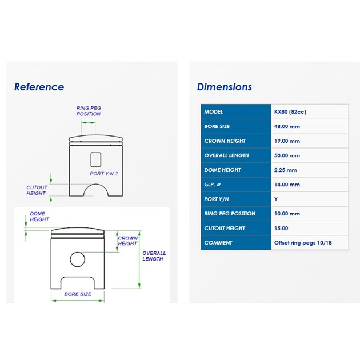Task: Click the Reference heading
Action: coord(39,87)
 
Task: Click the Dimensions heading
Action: coord(225,87)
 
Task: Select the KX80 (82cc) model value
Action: coord(290,112)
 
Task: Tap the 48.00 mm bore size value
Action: coord(287,126)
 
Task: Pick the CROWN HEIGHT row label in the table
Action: coord(225,141)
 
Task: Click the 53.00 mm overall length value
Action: coord(287,155)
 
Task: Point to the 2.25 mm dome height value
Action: coord(285,170)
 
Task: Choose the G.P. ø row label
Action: coord(213,185)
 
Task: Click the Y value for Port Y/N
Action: coord(276,199)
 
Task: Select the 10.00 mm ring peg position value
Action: coord(287,214)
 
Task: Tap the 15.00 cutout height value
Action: coord(281,228)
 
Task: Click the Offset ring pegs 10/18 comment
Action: coord(303,243)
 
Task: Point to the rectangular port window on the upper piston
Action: coord(96,160)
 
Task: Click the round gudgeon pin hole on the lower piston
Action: coord(77,259)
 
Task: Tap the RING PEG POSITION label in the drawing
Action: coord(89,111)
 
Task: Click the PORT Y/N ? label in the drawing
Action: coord(104,174)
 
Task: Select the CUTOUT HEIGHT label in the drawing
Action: coord(37,190)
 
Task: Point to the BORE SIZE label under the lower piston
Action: coord(78,294)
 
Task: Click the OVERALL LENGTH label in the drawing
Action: coord(154,256)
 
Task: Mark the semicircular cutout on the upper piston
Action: coord(96,184)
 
